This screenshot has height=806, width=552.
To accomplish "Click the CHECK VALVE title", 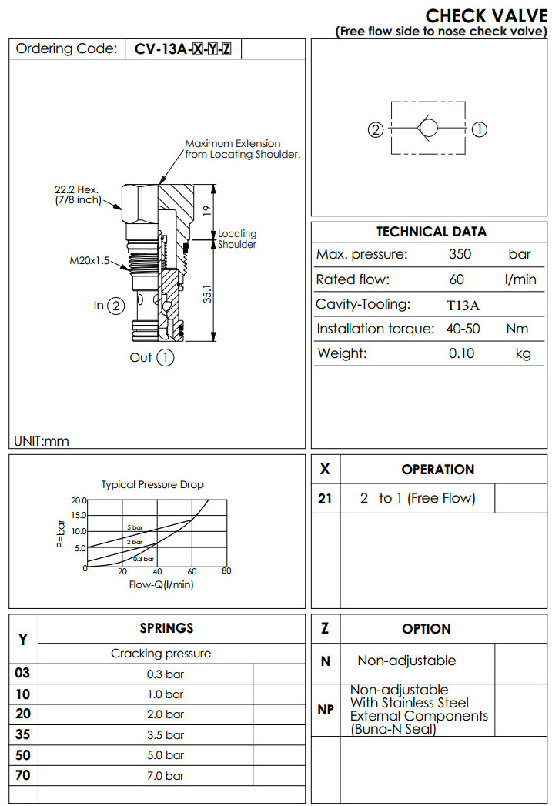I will [487, 16].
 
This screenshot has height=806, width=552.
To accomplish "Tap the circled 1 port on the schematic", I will [478, 129].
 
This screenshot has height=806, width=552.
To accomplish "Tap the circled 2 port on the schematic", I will [375, 129].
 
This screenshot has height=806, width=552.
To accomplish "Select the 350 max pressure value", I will [460, 255].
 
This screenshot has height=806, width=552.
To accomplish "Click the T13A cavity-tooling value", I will [463, 305].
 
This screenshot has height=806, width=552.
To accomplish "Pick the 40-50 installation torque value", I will [463, 329].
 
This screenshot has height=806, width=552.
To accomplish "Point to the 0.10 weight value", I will [462, 353].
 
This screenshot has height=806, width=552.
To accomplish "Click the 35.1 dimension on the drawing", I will [206, 296].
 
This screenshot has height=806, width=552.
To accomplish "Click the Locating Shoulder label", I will [237, 239].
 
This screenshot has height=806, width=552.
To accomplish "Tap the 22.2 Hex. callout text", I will [75, 189].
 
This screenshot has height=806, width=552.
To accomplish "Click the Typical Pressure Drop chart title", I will [153, 484].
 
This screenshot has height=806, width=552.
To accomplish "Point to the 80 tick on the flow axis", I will [226, 571].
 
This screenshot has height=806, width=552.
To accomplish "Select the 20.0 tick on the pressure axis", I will [79, 501].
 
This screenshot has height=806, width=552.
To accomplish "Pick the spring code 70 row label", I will [23, 774].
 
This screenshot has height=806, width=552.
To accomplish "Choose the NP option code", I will [326, 709].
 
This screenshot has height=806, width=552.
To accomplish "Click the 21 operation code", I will [325, 499].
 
